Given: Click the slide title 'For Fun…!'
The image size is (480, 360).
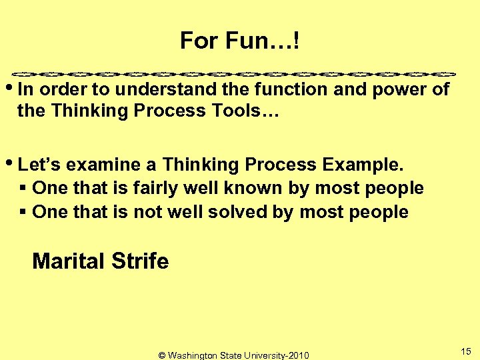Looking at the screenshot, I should pos(239,41).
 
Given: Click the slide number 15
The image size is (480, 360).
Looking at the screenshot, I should pos(466,351).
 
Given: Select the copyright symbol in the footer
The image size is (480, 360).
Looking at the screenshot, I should pos(162,355).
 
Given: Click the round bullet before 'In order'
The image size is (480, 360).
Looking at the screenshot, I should pos(14,88).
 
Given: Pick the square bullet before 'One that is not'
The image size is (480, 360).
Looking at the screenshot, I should pos(23,213).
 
